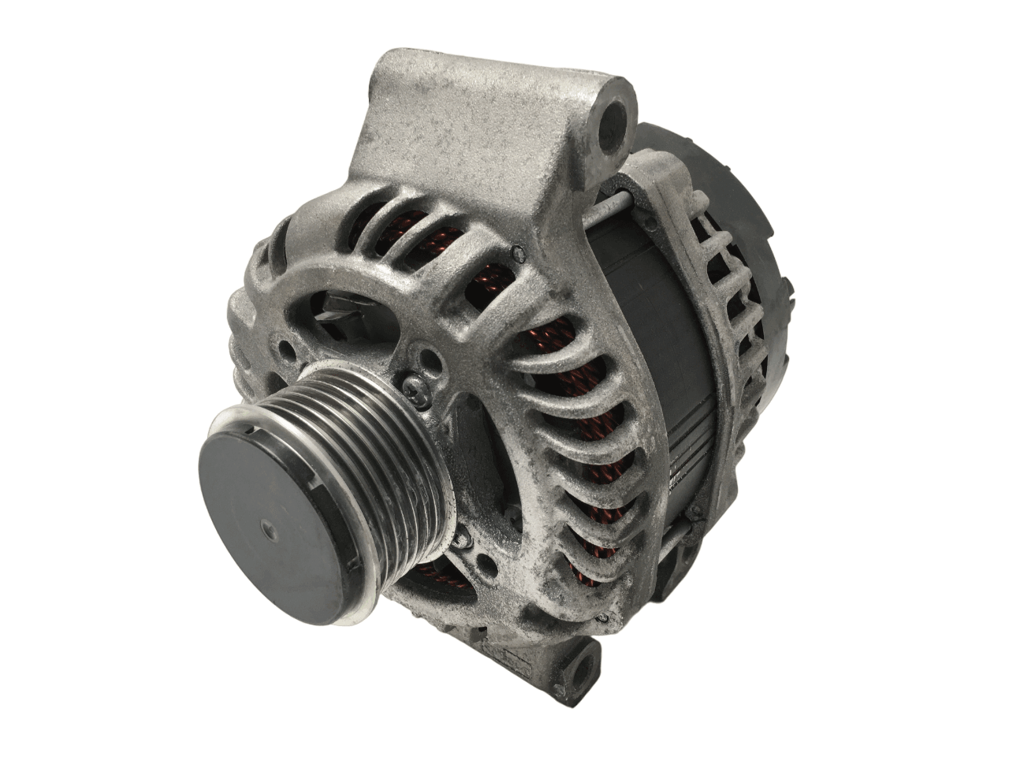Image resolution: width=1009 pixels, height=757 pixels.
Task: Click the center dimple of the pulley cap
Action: coord(264,529)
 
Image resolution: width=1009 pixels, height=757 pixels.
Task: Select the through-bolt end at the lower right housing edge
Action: coord(694,513)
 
